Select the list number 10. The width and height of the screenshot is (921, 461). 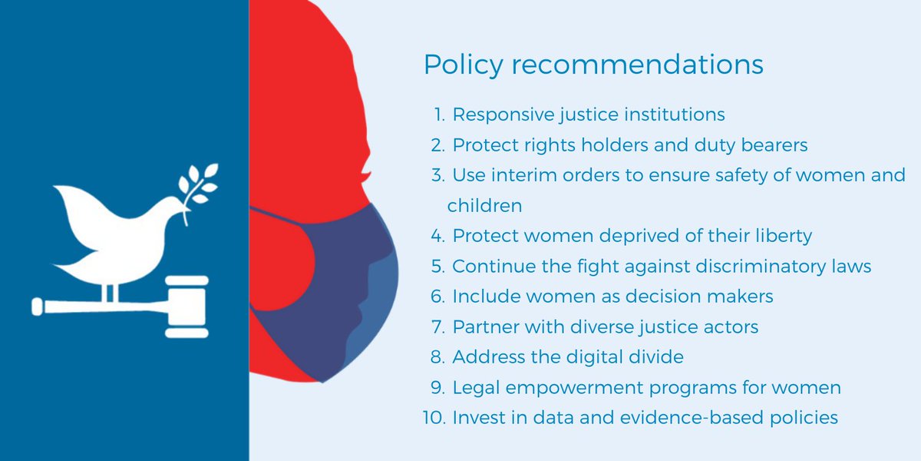click(433, 418)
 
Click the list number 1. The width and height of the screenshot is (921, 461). click(439, 115)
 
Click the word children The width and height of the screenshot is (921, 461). click(484, 206)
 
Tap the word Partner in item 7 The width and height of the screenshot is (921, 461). click(486, 327)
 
